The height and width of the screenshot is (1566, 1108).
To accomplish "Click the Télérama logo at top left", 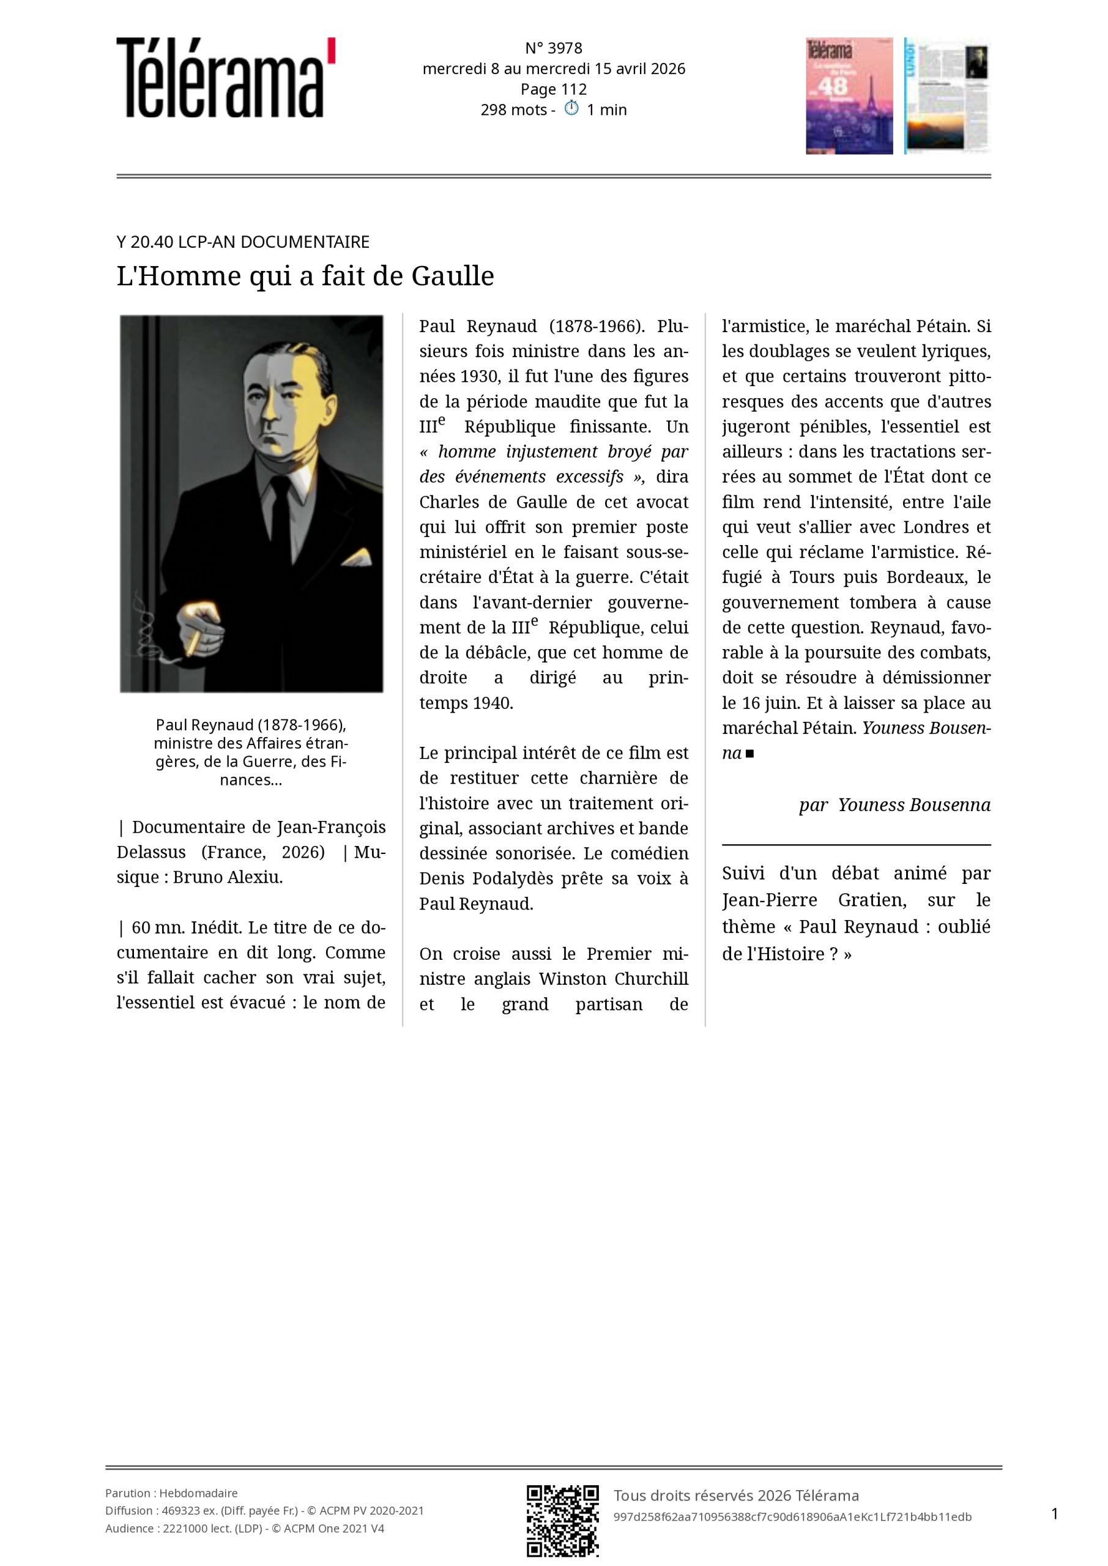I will (225, 78).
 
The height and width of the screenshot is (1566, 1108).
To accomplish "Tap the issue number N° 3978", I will (553, 48).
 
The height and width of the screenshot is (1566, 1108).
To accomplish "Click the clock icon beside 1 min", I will (571, 108).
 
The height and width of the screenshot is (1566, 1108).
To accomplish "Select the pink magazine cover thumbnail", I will (849, 95).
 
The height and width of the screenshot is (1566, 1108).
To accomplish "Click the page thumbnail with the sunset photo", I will (947, 95).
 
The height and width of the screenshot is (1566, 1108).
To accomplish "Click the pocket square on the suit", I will (357, 558).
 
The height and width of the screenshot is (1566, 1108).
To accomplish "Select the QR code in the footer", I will (562, 1530).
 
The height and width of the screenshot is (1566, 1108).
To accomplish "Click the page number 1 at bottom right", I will (1055, 1514).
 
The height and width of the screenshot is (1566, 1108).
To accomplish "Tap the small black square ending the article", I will (750, 754).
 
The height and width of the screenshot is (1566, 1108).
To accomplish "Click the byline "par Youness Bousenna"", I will (894, 805).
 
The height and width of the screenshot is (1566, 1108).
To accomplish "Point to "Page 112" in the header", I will (553, 89).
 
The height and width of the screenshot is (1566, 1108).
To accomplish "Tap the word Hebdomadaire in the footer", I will (199, 1493).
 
